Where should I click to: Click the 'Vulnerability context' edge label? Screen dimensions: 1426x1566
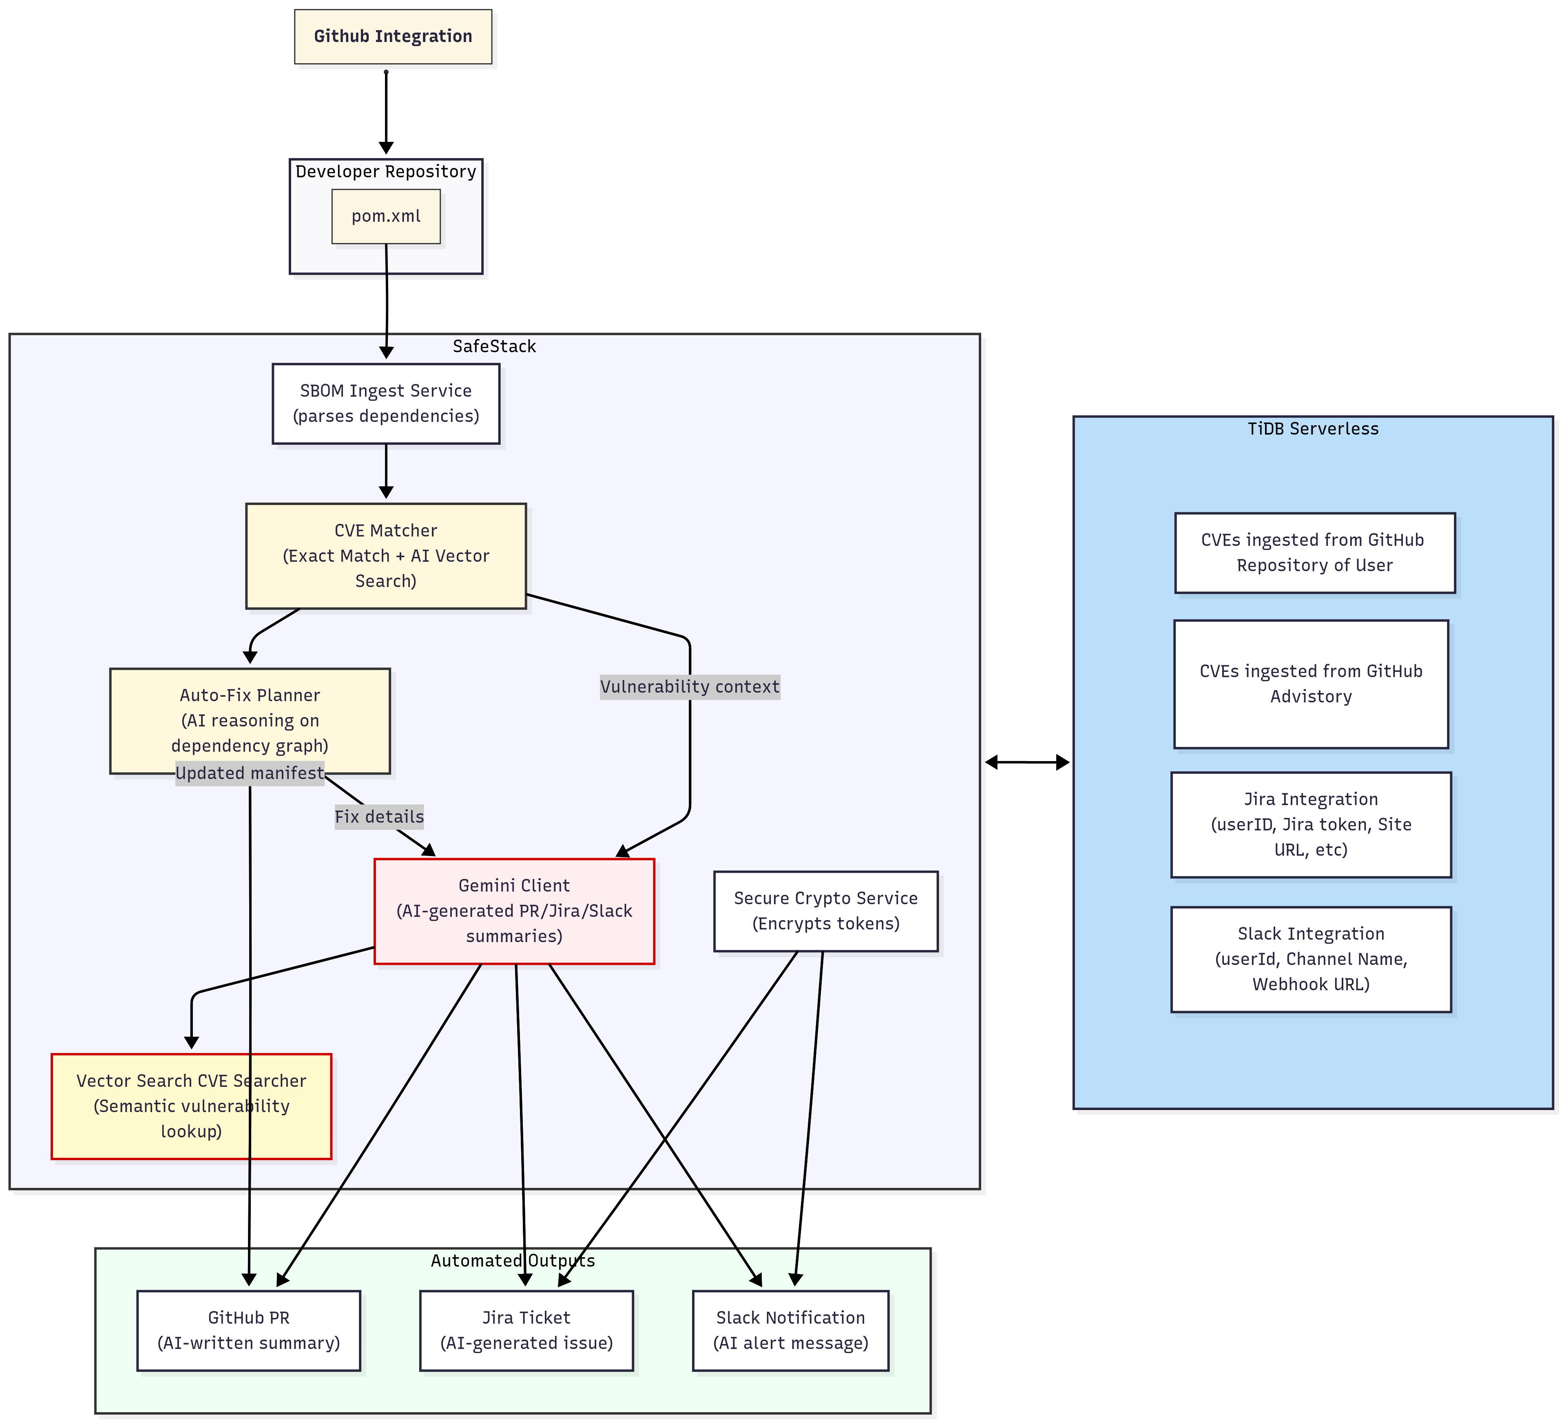pos(689,687)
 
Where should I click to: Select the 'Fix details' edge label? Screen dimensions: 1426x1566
pos(379,816)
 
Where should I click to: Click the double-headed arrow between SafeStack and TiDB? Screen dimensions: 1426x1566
pos(1027,763)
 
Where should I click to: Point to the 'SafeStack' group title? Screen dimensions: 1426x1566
pos(494,347)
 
